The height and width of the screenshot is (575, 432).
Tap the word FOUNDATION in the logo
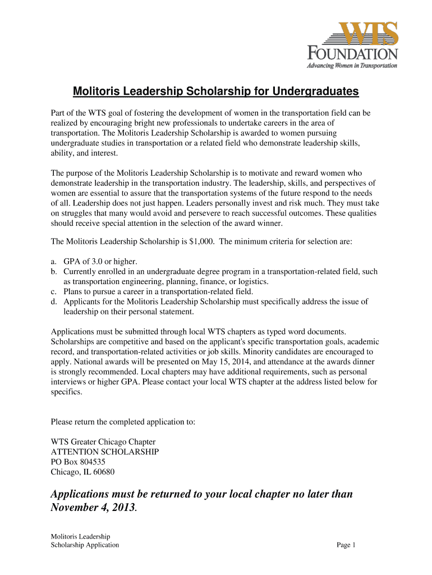coord(353,54)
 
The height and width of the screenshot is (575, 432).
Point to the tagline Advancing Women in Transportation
coord(352,65)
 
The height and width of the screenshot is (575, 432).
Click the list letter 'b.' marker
coord(54,272)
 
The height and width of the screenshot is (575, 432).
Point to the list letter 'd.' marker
coord(54,302)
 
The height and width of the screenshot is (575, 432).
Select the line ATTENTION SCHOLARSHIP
coord(105,451)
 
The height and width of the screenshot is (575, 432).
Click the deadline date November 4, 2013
coord(93,508)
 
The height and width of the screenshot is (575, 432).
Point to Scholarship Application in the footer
coord(85,545)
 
